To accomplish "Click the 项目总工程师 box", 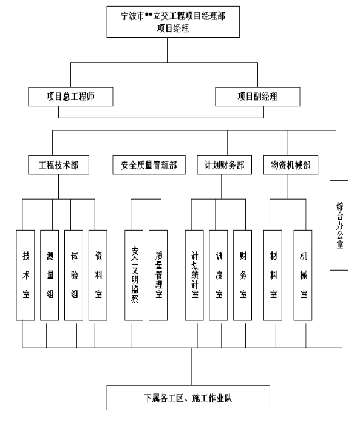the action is tap(70, 97).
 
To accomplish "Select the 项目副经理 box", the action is tap(257, 97).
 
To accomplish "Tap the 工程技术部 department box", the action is tap(58, 165).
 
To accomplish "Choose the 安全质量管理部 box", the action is tap(149, 165).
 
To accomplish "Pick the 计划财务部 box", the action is tap(225, 165).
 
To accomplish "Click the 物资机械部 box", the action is tap(291, 165).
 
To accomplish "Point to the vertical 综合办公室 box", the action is tap(339, 225).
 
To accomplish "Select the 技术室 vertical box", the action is tap(25, 276).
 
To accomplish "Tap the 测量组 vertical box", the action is tap(50, 276).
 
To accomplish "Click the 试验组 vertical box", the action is tap(74, 276).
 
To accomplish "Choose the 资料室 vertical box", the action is tap(98, 276).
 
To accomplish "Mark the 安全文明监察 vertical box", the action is tap(134, 276).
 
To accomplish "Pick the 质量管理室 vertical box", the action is tap(158, 276).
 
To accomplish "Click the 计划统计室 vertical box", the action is tap(194, 276).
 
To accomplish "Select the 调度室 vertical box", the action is tap(219, 276).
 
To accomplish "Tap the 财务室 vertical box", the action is tap(243, 276).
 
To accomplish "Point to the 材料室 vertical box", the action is tap(273, 276).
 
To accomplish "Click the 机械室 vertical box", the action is tap(303, 276).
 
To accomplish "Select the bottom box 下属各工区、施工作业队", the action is tap(188, 398).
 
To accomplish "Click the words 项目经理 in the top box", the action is tap(173, 28).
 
